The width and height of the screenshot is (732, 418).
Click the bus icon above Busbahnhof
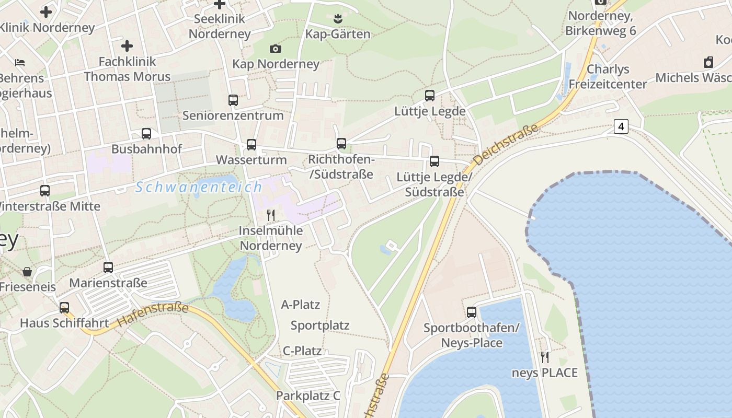pos(146,134)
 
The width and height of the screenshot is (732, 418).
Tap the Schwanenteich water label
pos(199,187)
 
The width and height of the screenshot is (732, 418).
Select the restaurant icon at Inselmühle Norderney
pos(271,215)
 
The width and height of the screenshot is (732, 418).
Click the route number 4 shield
pos(621,126)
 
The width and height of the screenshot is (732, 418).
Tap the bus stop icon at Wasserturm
pos(251,145)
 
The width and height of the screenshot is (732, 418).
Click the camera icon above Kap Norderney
pos(276,49)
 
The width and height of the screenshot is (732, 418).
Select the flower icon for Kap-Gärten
pos(337,19)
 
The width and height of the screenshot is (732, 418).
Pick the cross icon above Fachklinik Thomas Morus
pos(127,46)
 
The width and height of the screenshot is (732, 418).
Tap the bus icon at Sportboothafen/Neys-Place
pos(472,312)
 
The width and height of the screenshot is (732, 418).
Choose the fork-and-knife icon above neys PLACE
pos(545,357)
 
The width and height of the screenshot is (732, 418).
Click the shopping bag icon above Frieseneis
pos(27,272)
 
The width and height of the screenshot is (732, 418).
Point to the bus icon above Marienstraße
pos(108,268)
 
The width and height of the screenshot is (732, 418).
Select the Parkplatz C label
pos(308,396)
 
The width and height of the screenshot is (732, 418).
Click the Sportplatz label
pos(320,326)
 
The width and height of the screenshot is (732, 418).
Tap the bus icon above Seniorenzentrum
pos(233,100)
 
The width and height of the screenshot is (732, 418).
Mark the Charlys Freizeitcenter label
pos(608,76)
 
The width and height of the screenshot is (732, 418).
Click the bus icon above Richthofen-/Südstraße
pos(341,143)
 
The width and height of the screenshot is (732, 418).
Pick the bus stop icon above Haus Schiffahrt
pos(64,308)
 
